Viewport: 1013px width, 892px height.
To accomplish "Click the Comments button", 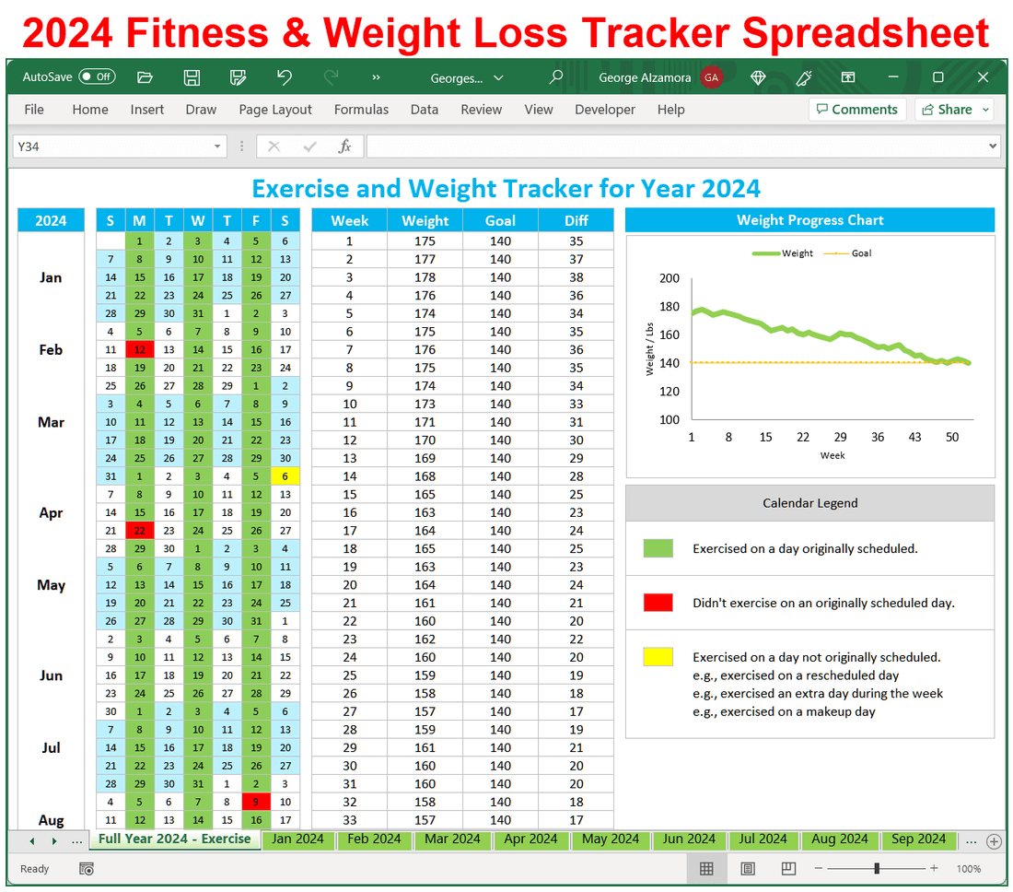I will click(x=856, y=110).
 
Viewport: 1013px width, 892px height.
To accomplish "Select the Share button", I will click(x=954, y=110).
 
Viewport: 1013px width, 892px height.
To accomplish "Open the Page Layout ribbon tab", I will click(x=275, y=110).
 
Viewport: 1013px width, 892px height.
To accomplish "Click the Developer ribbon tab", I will click(x=605, y=110).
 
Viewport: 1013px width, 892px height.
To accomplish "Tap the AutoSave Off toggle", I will click(x=97, y=77).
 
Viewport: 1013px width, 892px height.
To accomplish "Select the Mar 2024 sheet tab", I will click(x=452, y=839).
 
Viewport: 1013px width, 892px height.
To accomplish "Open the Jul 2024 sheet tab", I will click(x=763, y=839).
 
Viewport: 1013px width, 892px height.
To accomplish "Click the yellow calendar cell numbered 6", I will click(x=285, y=476).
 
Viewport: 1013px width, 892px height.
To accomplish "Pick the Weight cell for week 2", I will click(x=425, y=259).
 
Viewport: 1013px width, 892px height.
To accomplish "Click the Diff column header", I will click(x=576, y=221).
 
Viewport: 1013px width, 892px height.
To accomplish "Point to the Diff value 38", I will click(x=576, y=277).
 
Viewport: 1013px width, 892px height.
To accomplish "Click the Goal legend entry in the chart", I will click(x=852, y=253).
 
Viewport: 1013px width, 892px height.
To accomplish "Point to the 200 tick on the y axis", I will click(x=670, y=278).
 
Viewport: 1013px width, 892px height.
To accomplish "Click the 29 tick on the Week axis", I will click(x=840, y=437).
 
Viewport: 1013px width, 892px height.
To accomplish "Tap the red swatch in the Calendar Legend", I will click(x=658, y=603).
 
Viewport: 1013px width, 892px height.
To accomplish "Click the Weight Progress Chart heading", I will click(x=809, y=220).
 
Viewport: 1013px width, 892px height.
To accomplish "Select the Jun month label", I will click(x=52, y=675).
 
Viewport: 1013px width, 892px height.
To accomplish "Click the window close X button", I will click(x=984, y=77).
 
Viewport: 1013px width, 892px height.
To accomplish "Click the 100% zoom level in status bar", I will click(x=969, y=869).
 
